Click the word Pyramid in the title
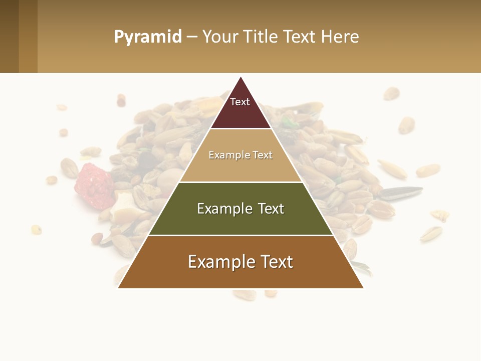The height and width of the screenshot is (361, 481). click(x=147, y=37)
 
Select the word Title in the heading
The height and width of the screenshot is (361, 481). click(x=261, y=37)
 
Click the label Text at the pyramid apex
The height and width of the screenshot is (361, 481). click(x=240, y=102)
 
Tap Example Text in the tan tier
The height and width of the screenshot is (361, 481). click(x=241, y=155)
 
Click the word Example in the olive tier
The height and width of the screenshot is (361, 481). click(x=220, y=209)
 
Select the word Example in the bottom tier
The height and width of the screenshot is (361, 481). click(x=215, y=262)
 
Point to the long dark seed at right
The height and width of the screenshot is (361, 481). click(x=401, y=192)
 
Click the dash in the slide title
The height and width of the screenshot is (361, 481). click(x=192, y=37)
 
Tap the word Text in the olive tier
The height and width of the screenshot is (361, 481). click(x=271, y=209)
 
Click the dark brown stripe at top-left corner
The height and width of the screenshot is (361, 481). click(x=9, y=36)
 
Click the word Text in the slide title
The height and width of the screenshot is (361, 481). click(x=300, y=37)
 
